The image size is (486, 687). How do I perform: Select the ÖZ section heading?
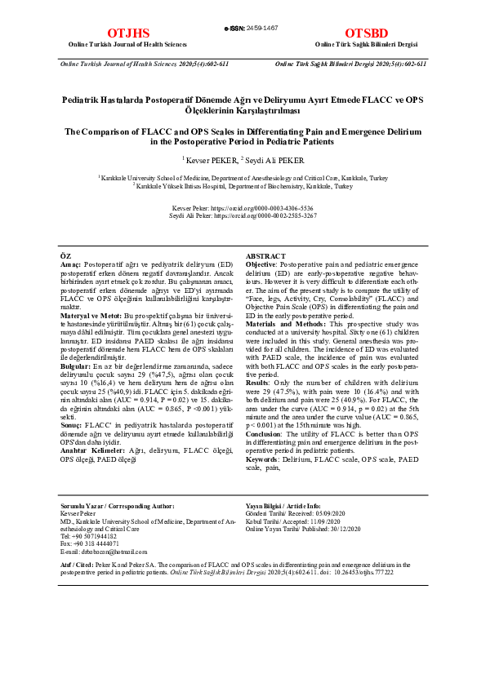pyautogui.click(x=66, y=257)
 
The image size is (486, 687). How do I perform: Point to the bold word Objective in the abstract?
pyautogui.click(x=261, y=265)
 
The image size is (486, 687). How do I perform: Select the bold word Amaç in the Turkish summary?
pyautogui.click(x=72, y=265)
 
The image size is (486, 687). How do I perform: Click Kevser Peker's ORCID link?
pyautogui.click(x=269, y=209)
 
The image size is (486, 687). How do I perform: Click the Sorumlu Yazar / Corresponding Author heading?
pyautogui.click(x=117, y=507)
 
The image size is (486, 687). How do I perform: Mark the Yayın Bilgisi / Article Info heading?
pyautogui.click(x=283, y=507)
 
